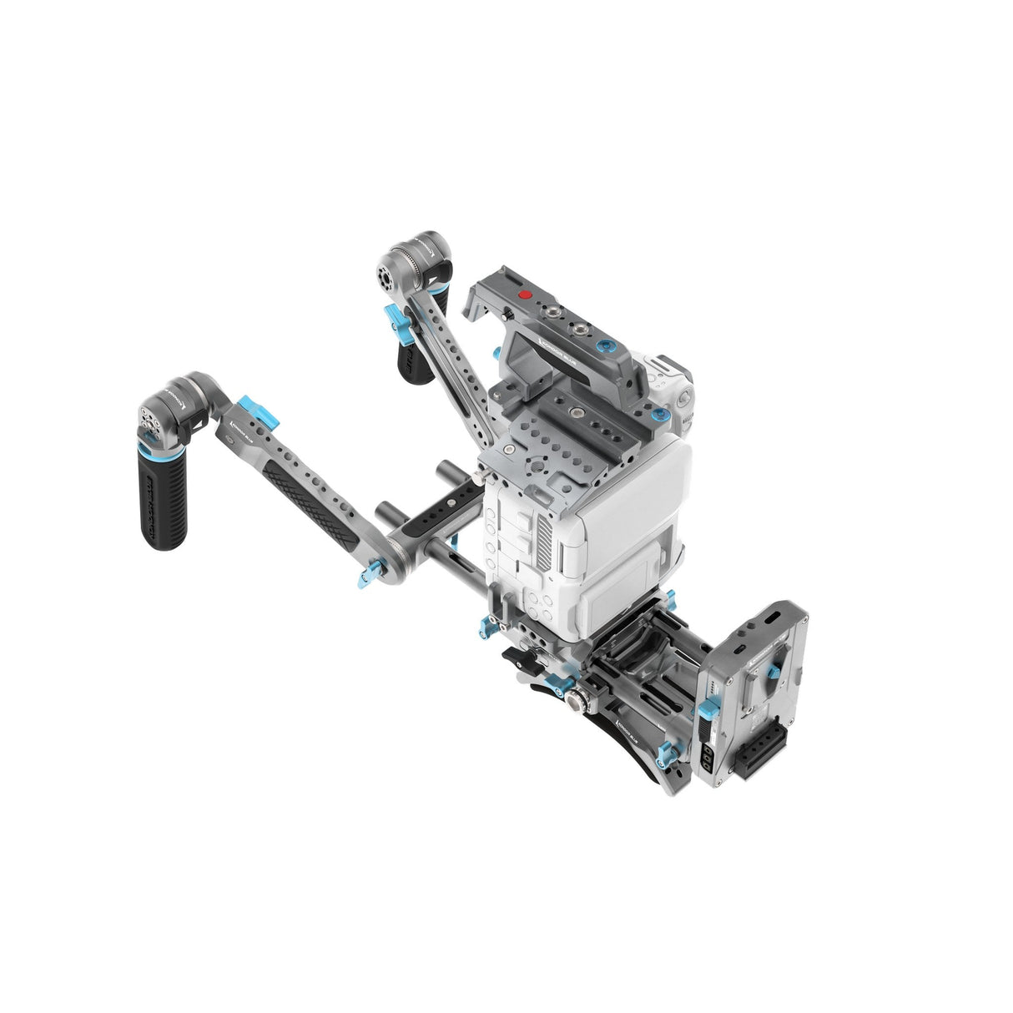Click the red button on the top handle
[525, 295]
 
